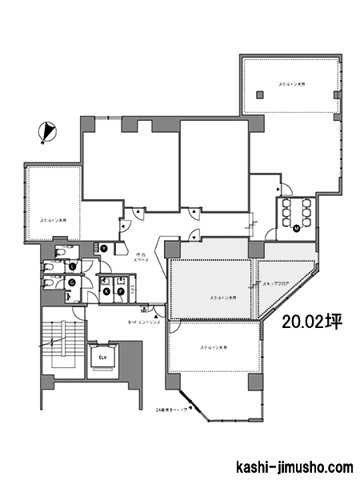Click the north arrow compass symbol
pyautogui.click(x=47, y=131)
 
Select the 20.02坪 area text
pyautogui.click(x=312, y=322)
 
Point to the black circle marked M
pyautogui.click(x=297, y=229)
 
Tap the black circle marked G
pyautogui.click(x=72, y=282)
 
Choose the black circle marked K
pyautogui.click(x=106, y=292)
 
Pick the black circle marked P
pyautogui.click(x=122, y=292)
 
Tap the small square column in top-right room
pyautogui.click(x=259, y=95)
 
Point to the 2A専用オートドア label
pyautogui.click(x=172, y=409)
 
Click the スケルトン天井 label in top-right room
pyautogui.click(x=294, y=83)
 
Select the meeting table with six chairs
pyautogui.click(x=297, y=211)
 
